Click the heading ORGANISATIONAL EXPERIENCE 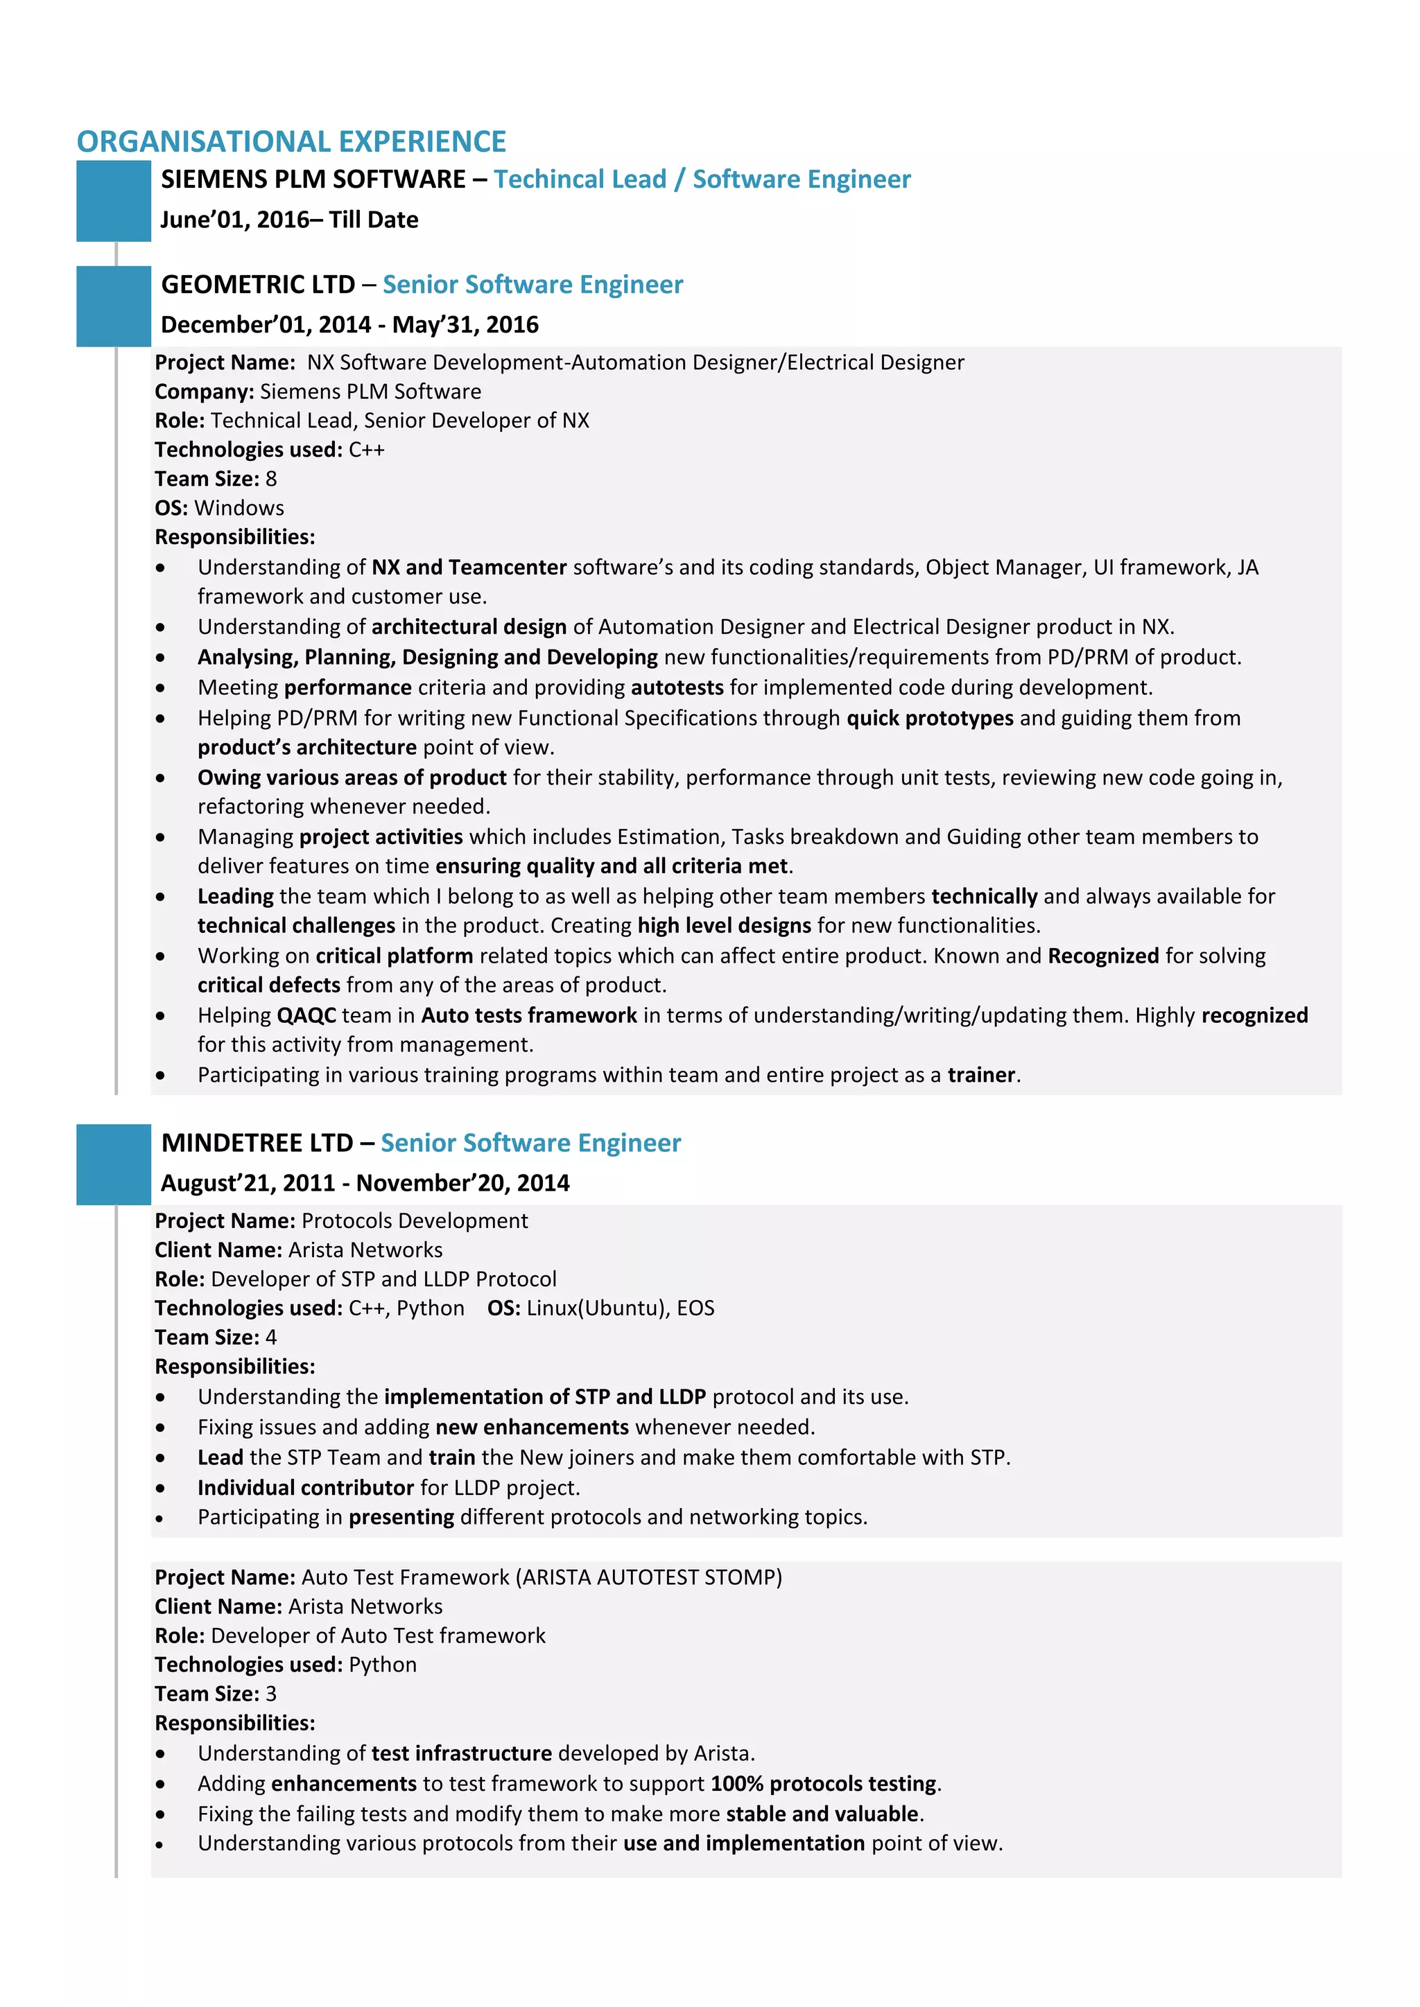(291, 141)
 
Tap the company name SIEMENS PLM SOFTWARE (313, 179)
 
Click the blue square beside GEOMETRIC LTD (113, 306)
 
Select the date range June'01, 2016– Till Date (288, 220)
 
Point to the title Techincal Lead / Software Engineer (702, 179)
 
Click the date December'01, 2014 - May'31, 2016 (349, 325)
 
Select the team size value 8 (271, 479)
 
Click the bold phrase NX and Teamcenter (469, 568)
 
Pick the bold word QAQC (306, 1015)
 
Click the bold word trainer (981, 1074)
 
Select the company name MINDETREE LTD (257, 1143)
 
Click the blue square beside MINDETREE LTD (113, 1164)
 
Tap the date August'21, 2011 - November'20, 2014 (365, 1184)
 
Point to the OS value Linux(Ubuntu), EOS (620, 1308)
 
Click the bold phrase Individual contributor (305, 1487)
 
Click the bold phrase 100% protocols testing (823, 1783)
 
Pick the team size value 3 (271, 1694)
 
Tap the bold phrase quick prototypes (930, 718)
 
